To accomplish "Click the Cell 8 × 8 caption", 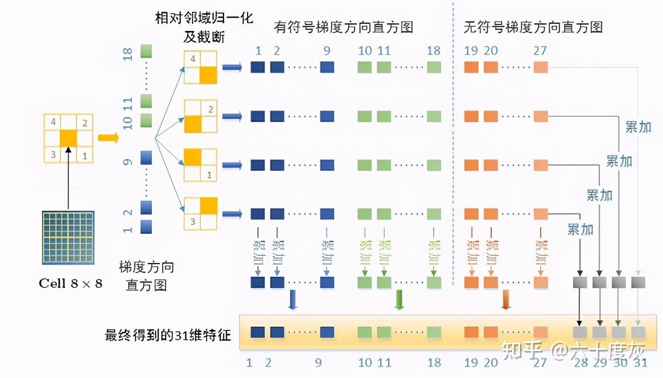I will [70, 284].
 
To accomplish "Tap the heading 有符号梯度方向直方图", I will [343, 27].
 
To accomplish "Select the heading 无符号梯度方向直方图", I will [532, 27].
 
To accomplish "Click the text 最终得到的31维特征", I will [167, 334].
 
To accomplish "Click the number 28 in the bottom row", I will [580, 363].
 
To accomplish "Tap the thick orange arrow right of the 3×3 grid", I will [108, 138].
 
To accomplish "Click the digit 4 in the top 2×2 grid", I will [192, 59].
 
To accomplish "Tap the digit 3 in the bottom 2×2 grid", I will [192, 222].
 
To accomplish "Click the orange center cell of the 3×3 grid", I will [69, 138].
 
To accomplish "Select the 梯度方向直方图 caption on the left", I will [146, 276].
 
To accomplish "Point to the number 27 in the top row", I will [540, 51].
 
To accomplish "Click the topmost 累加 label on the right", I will [638, 127].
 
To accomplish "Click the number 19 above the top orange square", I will [471, 51].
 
